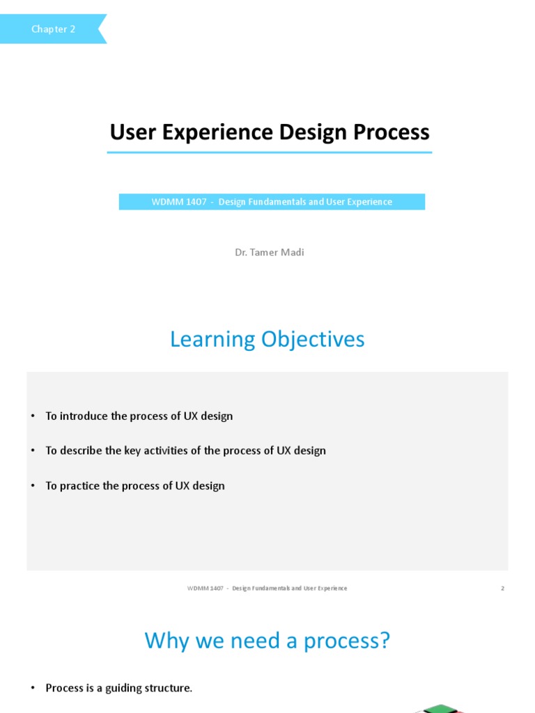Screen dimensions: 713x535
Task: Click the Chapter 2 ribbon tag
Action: pos(53,29)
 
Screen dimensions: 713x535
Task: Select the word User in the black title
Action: pos(133,132)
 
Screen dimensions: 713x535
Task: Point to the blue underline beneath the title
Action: pos(269,152)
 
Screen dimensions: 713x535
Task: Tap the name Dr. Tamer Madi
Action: pos(270,252)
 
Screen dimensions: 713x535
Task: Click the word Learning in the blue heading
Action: pos(212,339)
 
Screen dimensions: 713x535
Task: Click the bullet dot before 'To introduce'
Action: pos(32,416)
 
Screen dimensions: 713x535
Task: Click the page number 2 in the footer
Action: pos(502,588)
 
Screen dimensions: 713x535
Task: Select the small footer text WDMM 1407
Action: pos(206,588)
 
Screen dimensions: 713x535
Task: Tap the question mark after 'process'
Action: pos(384,640)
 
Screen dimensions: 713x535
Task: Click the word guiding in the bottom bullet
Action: pos(125,688)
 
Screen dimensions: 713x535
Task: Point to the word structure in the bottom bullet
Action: pos(169,688)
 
